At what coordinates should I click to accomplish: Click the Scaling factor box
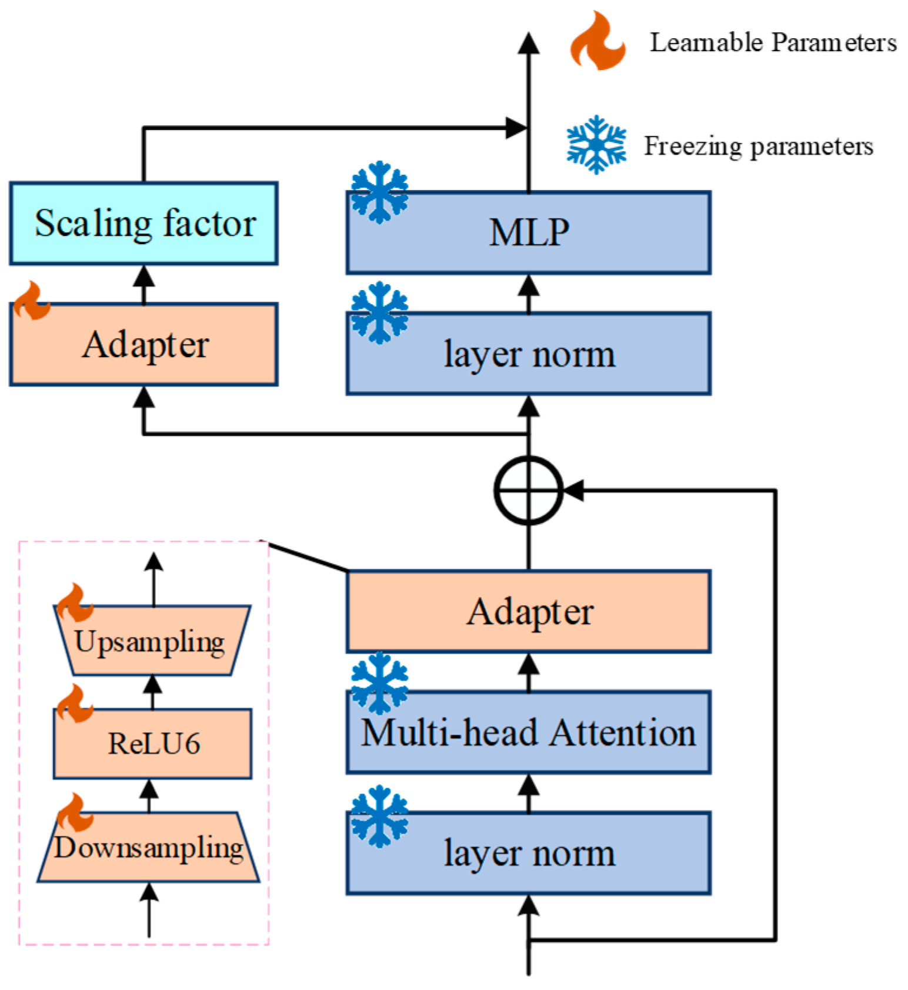(x=143, y=224)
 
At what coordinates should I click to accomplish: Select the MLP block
(x=529, y=232)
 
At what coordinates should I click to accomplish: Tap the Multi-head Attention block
(x=529, y=732)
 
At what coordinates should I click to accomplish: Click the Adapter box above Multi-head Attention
(x=529, y=611)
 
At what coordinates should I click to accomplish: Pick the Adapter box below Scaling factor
(x=143, y=345)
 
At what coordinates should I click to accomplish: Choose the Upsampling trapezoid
(x=152, y=640)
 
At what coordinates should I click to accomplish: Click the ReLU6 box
(x=152, y=744)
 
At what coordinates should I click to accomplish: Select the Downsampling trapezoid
(x=148, y=847)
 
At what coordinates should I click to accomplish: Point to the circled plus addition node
(x=529, y=490)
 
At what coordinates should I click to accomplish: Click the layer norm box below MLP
(x=529, y=354)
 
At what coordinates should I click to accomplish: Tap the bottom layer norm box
(x=529, y=853)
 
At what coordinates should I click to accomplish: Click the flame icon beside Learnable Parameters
(x=597, y=41)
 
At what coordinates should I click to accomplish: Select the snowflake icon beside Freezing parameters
(x=596, y=145)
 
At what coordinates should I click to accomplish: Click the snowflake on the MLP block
(x=379, y=192)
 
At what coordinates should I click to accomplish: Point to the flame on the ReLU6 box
(x=74, y=704)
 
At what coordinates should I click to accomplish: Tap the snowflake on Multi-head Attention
(x=379, y=683)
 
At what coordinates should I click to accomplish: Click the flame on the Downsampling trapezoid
(x=75, y=812)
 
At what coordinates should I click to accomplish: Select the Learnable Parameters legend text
(x=773, y=43)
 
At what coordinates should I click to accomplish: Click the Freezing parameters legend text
(x=759, y=146)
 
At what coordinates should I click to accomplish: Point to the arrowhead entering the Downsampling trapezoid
(x=149, y=892)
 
